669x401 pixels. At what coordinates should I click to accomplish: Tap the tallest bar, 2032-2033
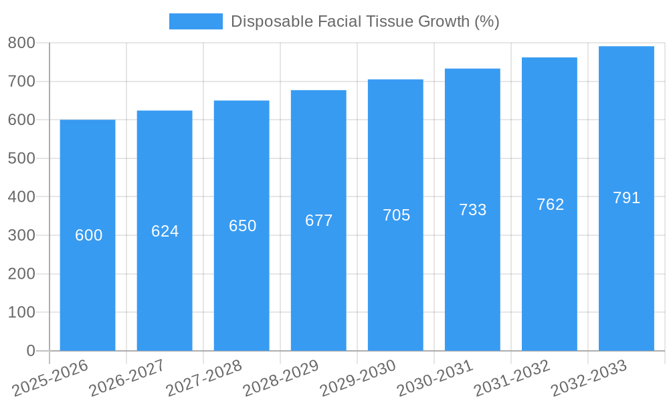(x=626, y=281)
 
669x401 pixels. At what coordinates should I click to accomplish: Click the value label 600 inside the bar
(x=88, y=235)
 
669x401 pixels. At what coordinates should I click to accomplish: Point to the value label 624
(x=165, y=231)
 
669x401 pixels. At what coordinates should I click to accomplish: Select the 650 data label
(x=242, y=226)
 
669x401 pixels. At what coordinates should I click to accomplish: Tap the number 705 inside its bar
(x=396, y=215)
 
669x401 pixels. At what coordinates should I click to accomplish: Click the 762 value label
(x=550, y=205)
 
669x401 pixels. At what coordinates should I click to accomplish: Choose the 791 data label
(x=626, y=198)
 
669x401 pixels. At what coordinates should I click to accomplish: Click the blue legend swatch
(x=195, y=21)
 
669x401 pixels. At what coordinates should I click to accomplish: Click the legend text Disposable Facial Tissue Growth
(x=365, y=21)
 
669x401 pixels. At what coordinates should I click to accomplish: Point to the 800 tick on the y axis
(x=21, y=43)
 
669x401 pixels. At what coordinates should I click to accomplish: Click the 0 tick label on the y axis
(x=31, y=351)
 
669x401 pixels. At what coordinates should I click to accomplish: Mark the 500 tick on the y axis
(x=21, y=158)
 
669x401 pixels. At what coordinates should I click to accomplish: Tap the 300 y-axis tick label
(x=21, y=235)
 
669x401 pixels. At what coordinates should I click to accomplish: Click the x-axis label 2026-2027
(x=127, y=378)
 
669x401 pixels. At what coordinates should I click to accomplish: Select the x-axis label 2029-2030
(x=358, y=378)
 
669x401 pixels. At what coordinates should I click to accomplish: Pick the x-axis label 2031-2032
(x=512, y=378)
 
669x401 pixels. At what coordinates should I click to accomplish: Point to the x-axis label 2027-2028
(x=204, y=378)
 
